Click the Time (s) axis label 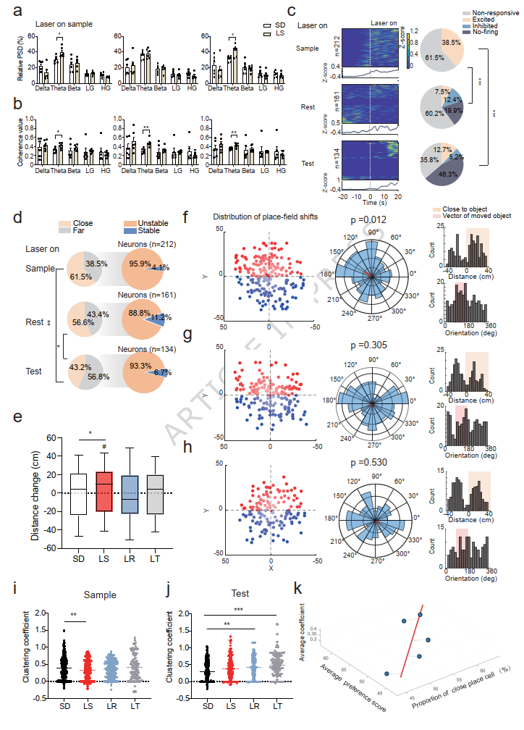(x=369, y=201)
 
